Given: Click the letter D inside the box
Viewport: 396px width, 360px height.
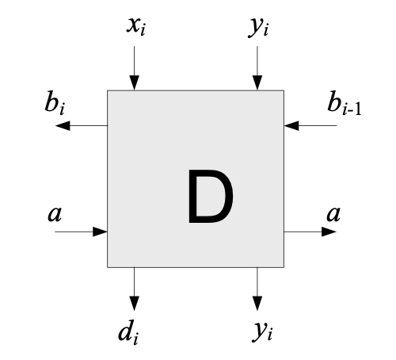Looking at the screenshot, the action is pyautogui.click(x=211, y=197).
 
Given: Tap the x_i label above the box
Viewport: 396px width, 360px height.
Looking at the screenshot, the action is pyautogui.click(x=136, y=26).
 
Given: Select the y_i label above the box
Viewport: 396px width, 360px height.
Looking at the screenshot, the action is pyautogui.click(x=258, y=28).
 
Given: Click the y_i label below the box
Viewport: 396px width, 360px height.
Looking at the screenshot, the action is pyautogui.click(x=262, y=331).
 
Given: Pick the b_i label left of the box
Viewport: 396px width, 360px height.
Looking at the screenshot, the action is pyautogui.click(x=55, y=102).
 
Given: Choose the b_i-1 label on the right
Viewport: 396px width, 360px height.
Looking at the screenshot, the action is pyautogui.click(x=344, y=102).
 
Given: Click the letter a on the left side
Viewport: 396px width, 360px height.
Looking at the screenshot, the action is pyautogui.click(x=55, y=213).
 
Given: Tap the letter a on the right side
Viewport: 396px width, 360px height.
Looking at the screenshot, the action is pyautogui.click(x=333, y=213).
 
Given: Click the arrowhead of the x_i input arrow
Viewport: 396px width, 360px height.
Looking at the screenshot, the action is pyautogui.click(x=135, y=82).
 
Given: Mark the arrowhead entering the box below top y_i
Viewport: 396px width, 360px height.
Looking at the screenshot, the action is pyautogui.click(x=257, y=82).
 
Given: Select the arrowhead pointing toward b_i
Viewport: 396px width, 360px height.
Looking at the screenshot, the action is pyautogui.click(x=63, y=125).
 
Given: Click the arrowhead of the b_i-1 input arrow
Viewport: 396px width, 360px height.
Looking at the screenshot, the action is pyautogui.click(x=291, y=125).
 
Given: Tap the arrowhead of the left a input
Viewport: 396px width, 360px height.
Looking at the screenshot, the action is pyautogui.click(x=100, y=232).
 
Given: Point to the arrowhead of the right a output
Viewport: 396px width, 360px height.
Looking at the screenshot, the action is pyautogui.click(x=329, y=232).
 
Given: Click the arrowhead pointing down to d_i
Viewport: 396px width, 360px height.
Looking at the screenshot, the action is pyautogui.click(x=135, y=304).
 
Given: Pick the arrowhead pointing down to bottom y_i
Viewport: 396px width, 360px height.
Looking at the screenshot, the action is pyautogui.click(x=257, y=304).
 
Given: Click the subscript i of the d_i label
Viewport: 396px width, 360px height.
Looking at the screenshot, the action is pyautogui.click(x=135, y=339).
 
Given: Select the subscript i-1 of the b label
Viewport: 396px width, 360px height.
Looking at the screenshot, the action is pyautogui.click(x=352, y=109).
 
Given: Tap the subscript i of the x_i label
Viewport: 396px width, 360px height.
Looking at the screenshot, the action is pyautogui.click(x=143, y=30).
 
